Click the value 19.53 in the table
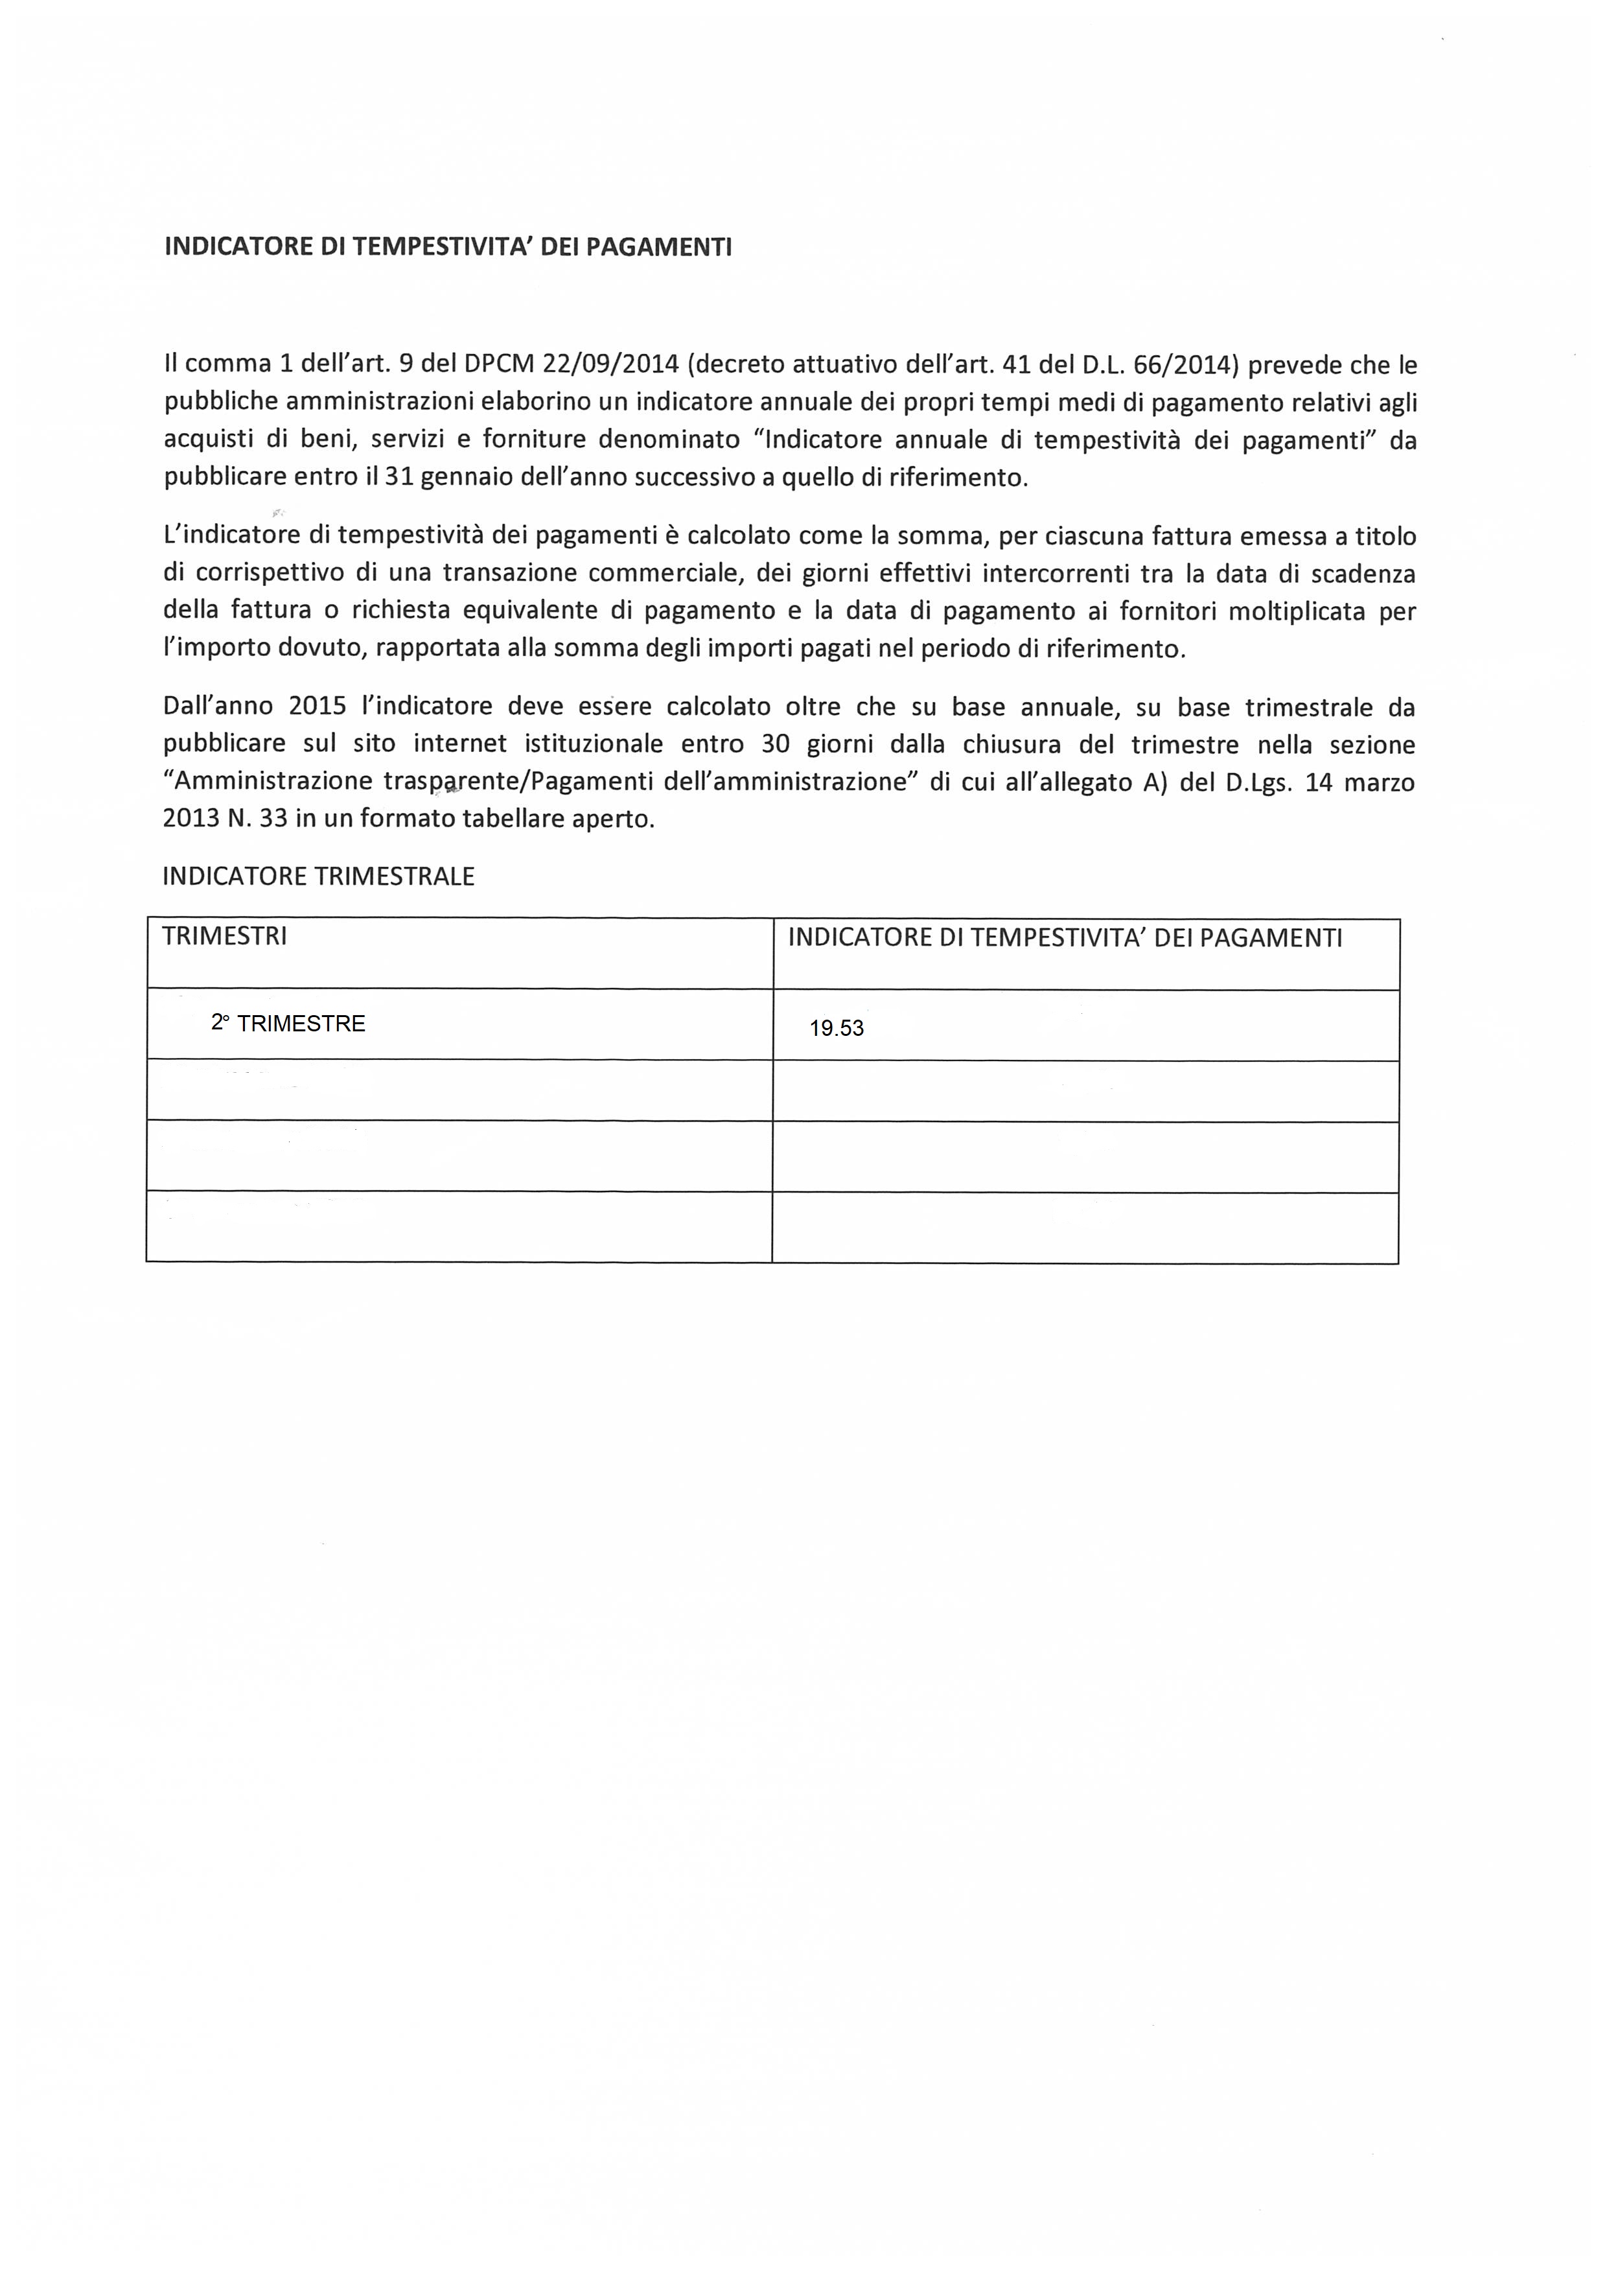pyautogui.click(x=837, y=1028)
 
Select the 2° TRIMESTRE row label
pyautogui.click(x=288, y=1024)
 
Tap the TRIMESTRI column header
pyautogui.click(x=225, y=937)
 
